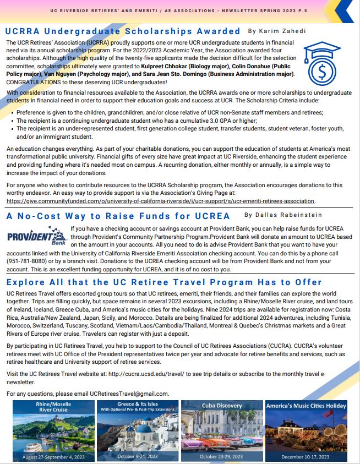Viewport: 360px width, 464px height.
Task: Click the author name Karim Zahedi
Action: pos(275,31)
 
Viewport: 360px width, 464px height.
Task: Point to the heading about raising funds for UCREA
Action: pos(114,215)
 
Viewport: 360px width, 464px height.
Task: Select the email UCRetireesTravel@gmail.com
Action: pos(129,394)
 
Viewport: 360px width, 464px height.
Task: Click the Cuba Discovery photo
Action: pos(221,430)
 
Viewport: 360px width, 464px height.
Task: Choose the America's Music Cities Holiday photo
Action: pos(306,430)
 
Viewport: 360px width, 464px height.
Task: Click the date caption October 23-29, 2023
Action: pos(221,456)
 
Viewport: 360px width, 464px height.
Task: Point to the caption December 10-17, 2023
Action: pos(306,456)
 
